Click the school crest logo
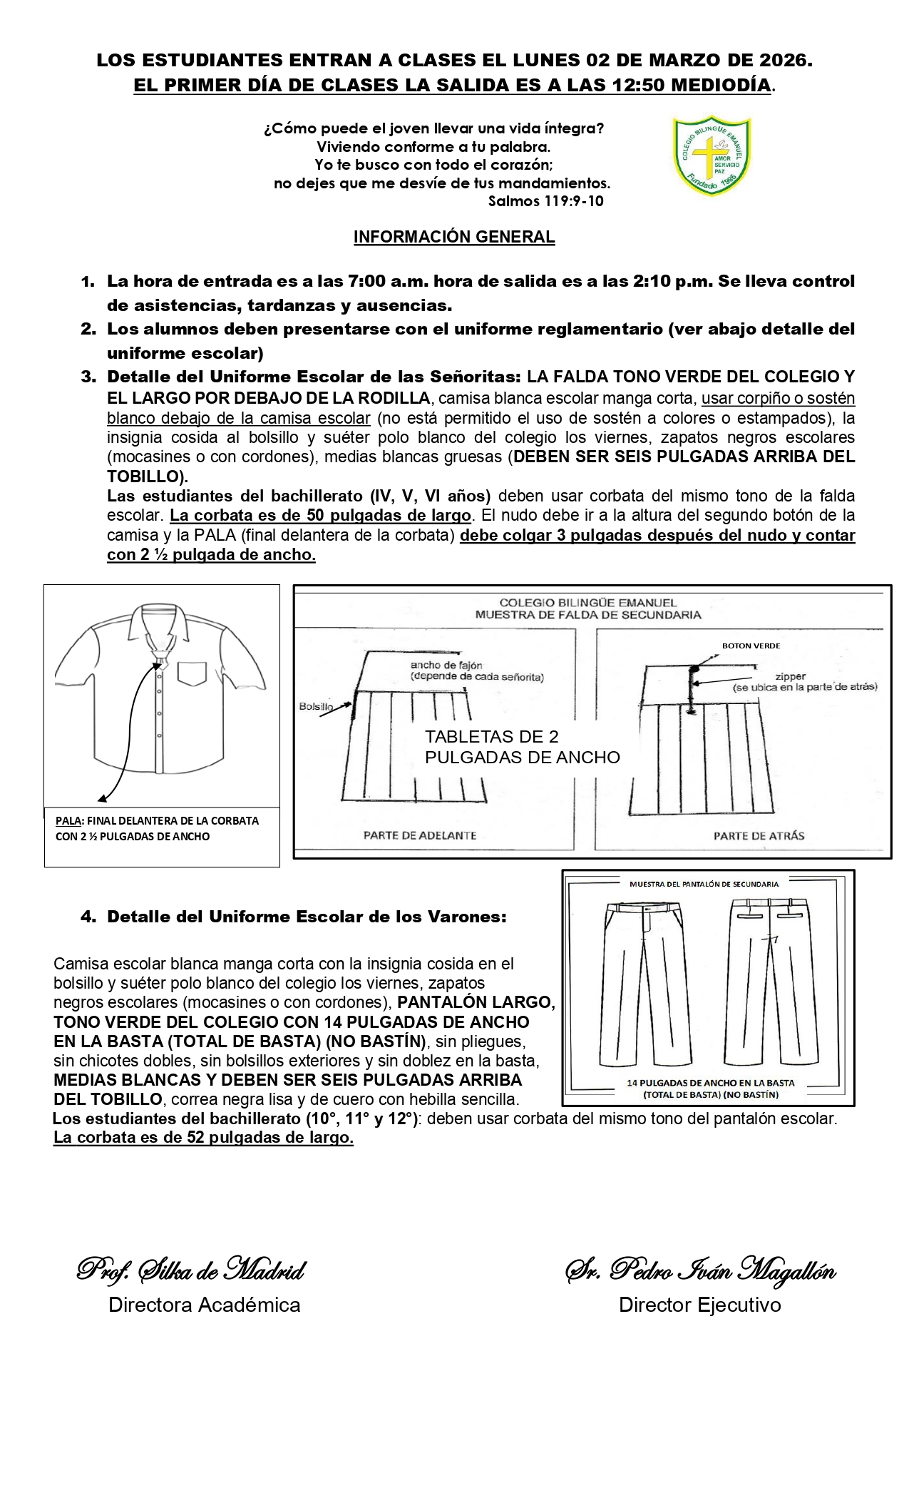tap(712, 156)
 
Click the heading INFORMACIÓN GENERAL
tap(454, 238)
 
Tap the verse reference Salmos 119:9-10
tap(545, 201)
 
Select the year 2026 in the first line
tap(783, 61)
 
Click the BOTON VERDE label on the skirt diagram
tap(751, 646)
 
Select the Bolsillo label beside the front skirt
tap(316, 706)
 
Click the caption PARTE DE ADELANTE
tap(420, 835)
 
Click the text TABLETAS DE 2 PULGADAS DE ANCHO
tap(522, 747)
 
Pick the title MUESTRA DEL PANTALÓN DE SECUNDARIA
tap(704, 884)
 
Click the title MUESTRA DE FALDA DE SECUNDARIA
tap(587, 614)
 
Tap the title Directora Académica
tap(204, 1305)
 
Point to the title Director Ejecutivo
tap(699, 1305)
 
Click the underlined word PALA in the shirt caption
tap(68, 821)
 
